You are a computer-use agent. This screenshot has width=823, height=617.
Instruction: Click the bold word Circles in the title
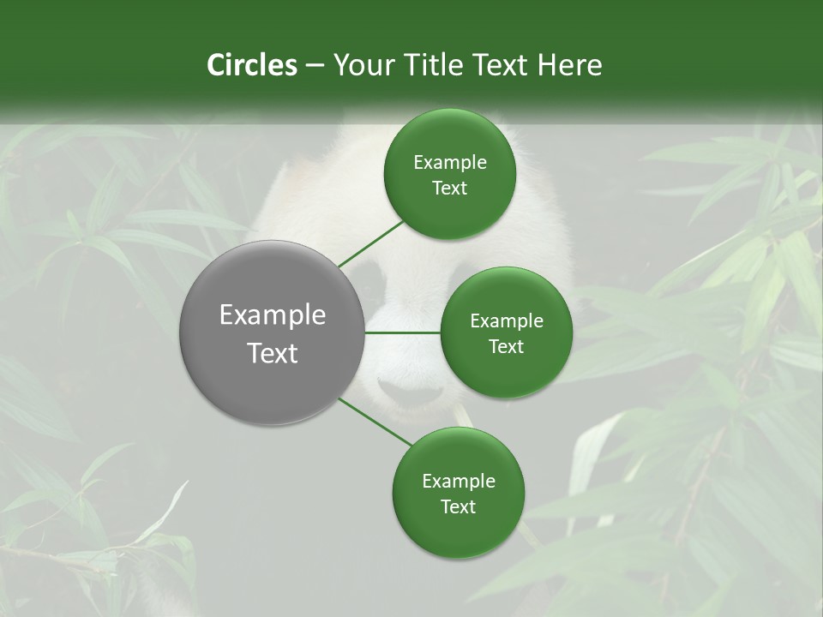(x=251, y=65)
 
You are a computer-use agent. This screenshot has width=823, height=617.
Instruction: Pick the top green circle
(x=449, y=175)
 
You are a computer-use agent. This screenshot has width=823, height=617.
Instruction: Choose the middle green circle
(x=506, y=332)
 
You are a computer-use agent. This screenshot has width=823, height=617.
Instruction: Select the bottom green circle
(x=458, y=493)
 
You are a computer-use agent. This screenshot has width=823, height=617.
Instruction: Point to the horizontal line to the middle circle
(x=403, y=332)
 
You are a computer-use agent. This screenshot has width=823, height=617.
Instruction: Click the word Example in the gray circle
(x=273, y=315)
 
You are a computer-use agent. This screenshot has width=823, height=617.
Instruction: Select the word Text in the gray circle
(x=273, y=353)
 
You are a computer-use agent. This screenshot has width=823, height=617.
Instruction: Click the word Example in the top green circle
(x=449, y=163)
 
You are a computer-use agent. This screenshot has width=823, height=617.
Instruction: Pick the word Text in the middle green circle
(x=506, y=346)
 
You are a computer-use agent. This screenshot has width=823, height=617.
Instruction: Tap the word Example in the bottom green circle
(x=458, y=481)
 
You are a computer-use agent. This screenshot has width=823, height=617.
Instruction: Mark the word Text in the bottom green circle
(x=458, y=506)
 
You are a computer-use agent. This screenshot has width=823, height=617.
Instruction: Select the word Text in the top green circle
(x=449, y=189)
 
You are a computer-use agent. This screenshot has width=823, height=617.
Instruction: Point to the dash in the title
(x=314, y=65)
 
